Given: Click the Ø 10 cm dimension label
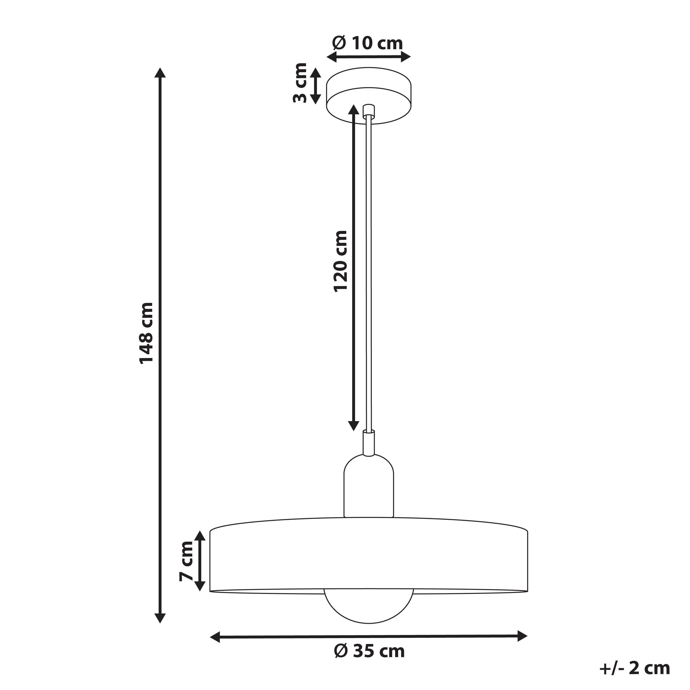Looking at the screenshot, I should (368, 43).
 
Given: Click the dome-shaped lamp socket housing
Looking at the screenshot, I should (369, 488).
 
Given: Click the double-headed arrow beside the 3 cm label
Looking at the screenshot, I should (315, 86).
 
